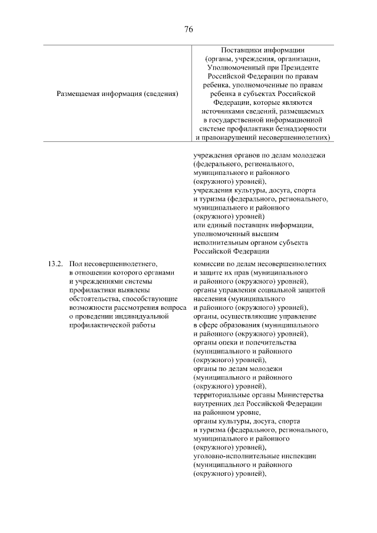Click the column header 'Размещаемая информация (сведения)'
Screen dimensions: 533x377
pos(117,93)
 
